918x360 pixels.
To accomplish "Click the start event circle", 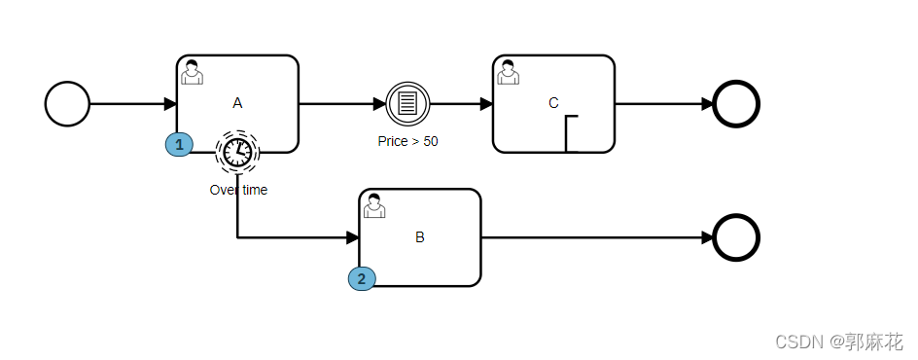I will click(67, 104).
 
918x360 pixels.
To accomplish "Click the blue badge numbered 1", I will click(179, 144).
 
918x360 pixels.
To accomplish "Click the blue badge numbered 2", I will click(362, 278).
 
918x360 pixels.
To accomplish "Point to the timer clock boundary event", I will click(237, 152).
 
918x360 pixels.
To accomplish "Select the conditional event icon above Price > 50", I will click(407, 104).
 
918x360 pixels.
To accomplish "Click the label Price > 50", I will click(407, 141).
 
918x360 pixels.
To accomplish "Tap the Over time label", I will click(238, 190).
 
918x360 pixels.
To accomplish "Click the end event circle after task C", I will click(736, 104).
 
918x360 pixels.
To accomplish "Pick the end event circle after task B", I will click(736, 237).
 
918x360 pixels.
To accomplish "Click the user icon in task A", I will click(192, 72).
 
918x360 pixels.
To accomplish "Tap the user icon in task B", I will click(374, 205).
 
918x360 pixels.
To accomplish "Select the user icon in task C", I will click(508, 72).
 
